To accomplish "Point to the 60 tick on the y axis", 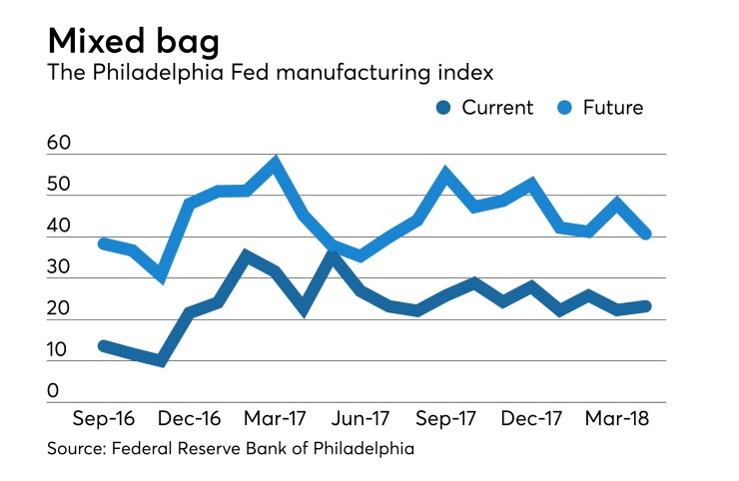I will pos(59,145).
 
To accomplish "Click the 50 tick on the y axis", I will pos(59,186).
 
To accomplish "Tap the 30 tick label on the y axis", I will pos(59,268).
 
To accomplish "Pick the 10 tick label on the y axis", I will pos(58,351).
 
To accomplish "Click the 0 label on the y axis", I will pos(54,392).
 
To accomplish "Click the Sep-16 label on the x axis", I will pos(103,417).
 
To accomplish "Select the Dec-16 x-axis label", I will pos(189,417).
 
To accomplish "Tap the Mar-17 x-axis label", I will pos(275,417).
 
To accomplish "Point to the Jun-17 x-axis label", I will pos(361,417).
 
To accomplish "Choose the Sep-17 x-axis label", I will pos(446,417).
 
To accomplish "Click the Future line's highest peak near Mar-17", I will pos(276,161).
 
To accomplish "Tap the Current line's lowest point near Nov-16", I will pos(161,360).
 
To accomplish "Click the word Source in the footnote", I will pos(76,449).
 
